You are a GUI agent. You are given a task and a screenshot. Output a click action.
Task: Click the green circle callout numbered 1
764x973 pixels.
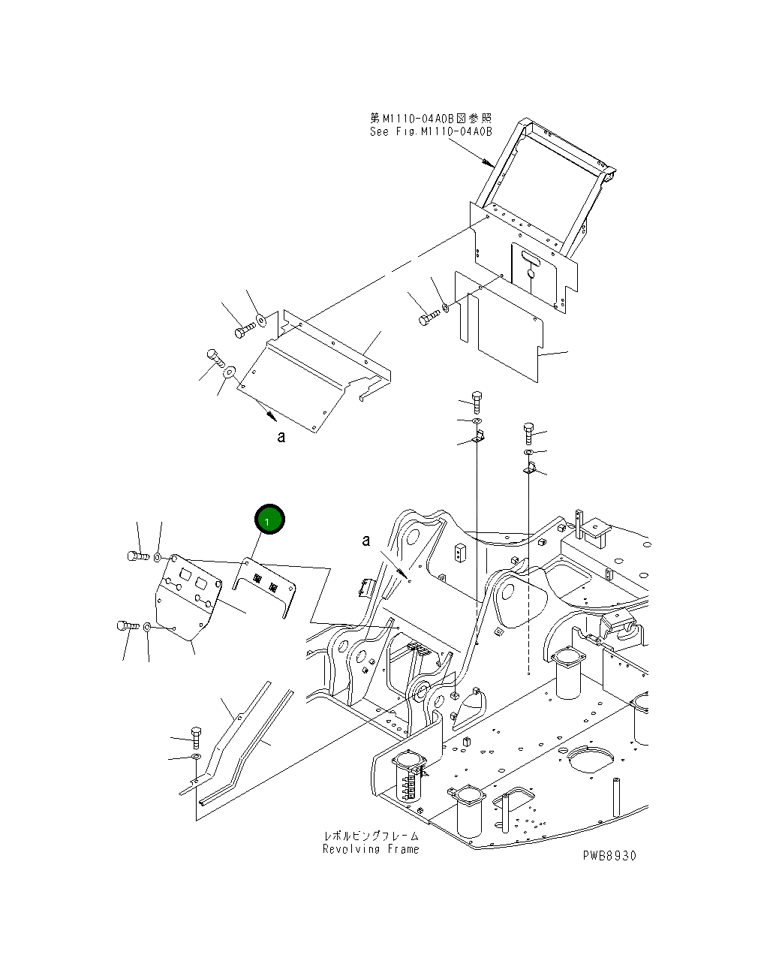coord(269,520)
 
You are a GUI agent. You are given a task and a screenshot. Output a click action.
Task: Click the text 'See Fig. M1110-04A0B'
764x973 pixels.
coord(431,132)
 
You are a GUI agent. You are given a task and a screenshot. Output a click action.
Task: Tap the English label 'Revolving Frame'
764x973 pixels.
coord(371,849)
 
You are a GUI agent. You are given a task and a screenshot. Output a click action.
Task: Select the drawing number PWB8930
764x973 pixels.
coord(609,856)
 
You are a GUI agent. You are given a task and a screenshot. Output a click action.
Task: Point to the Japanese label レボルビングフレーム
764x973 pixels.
coord(371,836)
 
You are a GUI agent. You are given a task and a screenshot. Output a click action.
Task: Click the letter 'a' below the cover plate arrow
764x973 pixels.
coord(281,437)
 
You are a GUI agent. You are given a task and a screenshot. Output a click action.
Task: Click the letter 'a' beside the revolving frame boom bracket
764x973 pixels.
coord(366,541)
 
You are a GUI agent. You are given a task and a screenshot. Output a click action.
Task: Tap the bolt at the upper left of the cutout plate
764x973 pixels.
coord(134,556)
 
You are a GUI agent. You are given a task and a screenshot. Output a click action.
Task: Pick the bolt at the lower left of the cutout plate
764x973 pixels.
coord(125,625)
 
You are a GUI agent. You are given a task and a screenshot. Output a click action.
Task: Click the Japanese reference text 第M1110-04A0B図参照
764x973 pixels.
coord(431,119)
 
